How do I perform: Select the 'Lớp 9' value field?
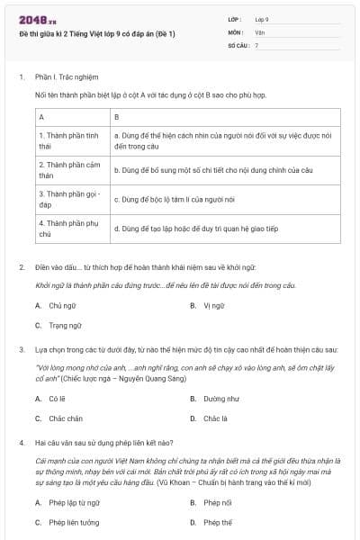click(262, 18)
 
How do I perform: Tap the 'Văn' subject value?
click(260, 31)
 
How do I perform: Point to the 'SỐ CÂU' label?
click(237, 44)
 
